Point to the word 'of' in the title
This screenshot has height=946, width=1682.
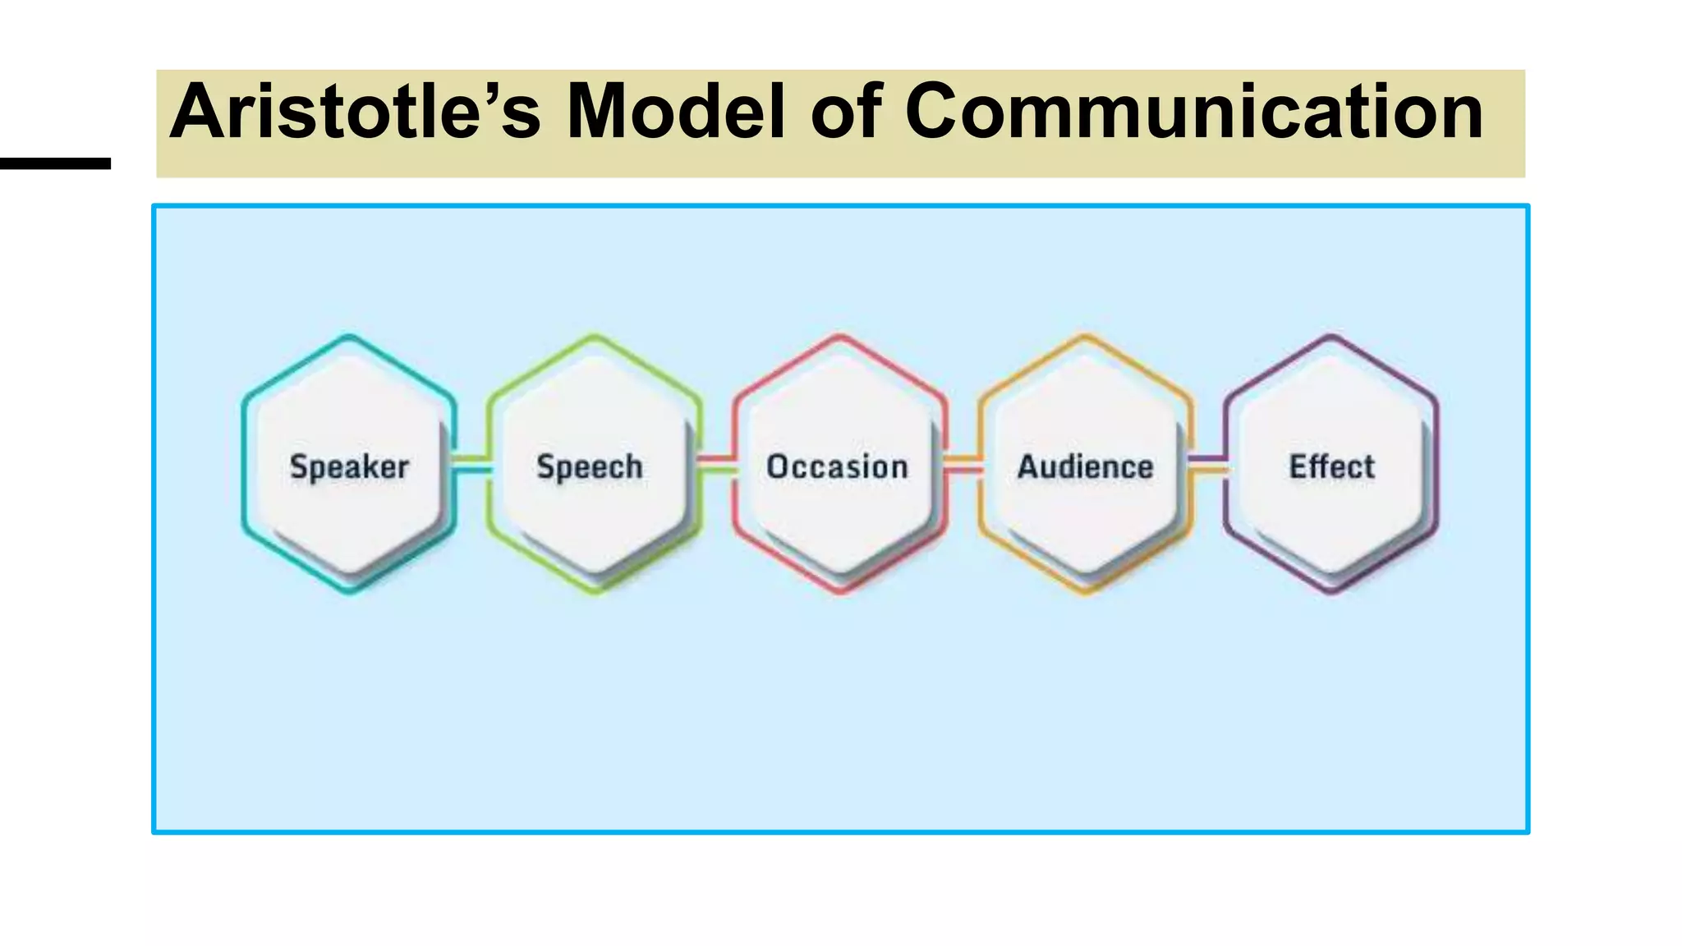845,113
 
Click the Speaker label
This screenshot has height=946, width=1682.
349,466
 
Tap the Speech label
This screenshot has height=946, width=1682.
590,466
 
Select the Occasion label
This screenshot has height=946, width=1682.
837,466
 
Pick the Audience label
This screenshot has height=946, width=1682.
1085,466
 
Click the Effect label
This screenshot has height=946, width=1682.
1331,466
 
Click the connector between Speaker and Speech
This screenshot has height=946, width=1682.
471,464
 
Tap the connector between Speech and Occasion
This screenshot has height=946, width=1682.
717,464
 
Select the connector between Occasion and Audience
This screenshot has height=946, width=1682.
963,464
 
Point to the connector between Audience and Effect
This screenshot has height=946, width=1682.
1208,464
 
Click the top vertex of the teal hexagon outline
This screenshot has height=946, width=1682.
349,336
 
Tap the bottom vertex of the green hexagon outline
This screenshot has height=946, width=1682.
595,591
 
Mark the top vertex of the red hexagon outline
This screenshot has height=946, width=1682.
839,336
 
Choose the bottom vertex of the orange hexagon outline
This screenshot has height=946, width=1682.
1085,591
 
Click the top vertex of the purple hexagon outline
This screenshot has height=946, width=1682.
1330,336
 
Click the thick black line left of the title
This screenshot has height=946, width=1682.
55,163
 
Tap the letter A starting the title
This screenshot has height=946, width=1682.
197,113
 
